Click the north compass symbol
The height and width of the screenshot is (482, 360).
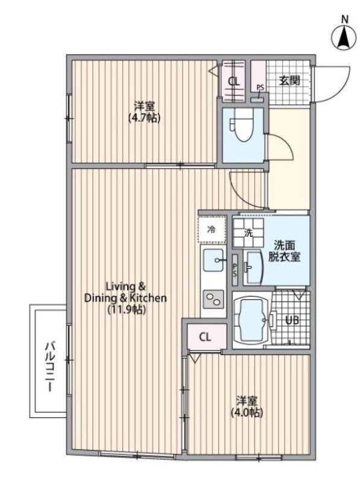coord(344,36)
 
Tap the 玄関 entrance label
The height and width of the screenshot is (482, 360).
coord(289,81)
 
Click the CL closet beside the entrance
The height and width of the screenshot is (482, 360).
coord(233,81)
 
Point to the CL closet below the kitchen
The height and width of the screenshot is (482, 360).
coord(205,337)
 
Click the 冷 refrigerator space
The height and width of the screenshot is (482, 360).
coord(212,229)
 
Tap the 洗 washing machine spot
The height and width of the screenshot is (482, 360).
coord(248,233)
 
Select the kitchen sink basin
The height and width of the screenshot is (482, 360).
coord(213,260)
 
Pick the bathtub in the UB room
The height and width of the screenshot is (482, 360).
coord(251,320)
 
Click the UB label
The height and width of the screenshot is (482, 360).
coord(292,321)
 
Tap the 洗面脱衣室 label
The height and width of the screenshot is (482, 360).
coord(284,251)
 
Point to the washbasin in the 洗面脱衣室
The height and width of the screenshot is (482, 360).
coord(253,267)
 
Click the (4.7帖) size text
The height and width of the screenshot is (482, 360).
coord(144,117)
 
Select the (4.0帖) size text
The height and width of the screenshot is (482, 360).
coord(247,413)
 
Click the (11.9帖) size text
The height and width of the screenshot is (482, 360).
coord(126,310)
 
